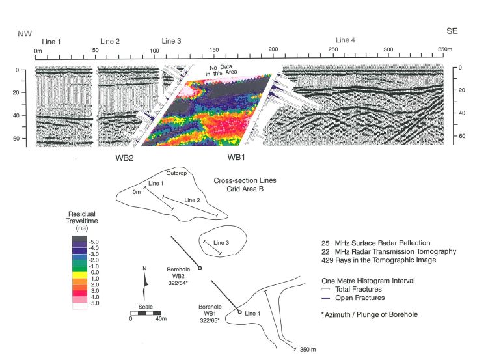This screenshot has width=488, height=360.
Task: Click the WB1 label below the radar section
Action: pos(237,158)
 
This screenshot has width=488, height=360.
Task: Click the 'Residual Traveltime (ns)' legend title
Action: pos(85,221)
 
